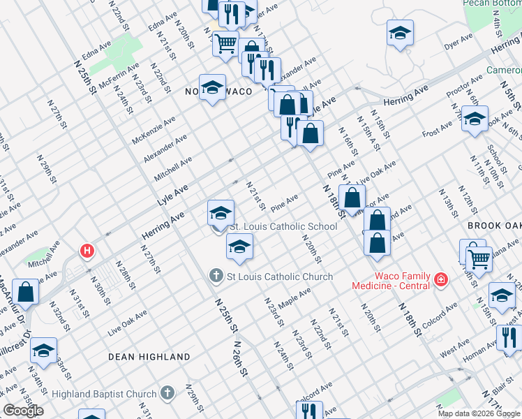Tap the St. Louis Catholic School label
coord(283,226)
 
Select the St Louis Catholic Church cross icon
coord(217,277)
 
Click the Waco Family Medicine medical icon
coord(440,280)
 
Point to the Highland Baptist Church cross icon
coord(167,392)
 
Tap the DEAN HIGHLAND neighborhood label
coord(149,357)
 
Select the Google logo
coord(23,411)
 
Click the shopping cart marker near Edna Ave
coord(225,44)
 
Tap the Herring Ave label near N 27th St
coord(163,225)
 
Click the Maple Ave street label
coord(294,299)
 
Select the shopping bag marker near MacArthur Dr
coord(26,293)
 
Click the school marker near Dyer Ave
coord(401,34)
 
